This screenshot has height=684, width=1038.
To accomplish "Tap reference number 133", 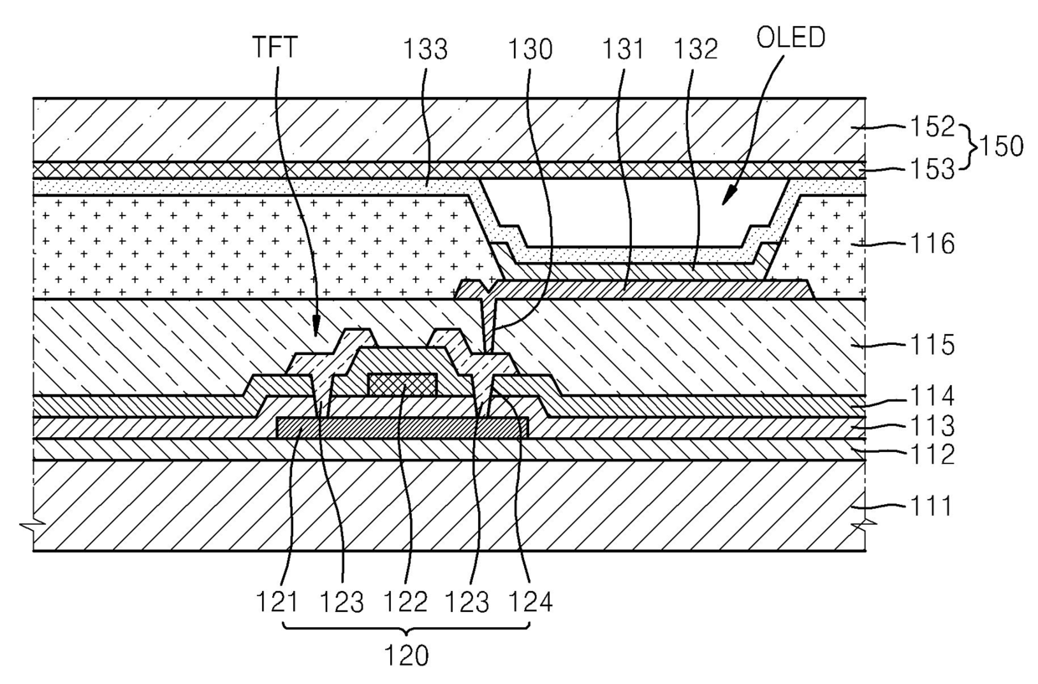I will [x=424, y=50].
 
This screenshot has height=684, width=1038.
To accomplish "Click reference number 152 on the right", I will [x=931, y=127].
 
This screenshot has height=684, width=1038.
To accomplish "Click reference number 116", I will [x=931, y=245].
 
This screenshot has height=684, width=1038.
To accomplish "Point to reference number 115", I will [x=931, y=344].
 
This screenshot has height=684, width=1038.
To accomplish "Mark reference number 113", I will [x=931, y=427].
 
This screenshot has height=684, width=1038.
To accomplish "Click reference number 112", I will [x=931, y=455].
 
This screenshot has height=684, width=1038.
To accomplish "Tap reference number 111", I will [x=931, y=506].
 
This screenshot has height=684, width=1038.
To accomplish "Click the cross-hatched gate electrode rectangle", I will [x=403, y=383].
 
